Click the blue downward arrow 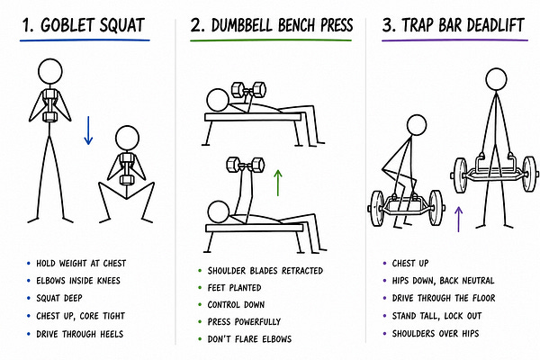88,130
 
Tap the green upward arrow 277,183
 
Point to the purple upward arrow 458,219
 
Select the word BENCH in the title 296,25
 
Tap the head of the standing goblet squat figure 50,71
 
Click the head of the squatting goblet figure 127,138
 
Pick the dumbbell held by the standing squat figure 49,106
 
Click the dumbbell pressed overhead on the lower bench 245,165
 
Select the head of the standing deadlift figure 496,79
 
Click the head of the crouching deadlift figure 417,125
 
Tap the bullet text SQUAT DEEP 59,298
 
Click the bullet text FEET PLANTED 234,288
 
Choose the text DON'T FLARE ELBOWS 249,339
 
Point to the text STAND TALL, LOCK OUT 436,316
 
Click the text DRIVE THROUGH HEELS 79,334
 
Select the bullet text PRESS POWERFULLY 244,322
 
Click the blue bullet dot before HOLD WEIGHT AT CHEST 29,264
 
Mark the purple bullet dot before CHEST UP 384,264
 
